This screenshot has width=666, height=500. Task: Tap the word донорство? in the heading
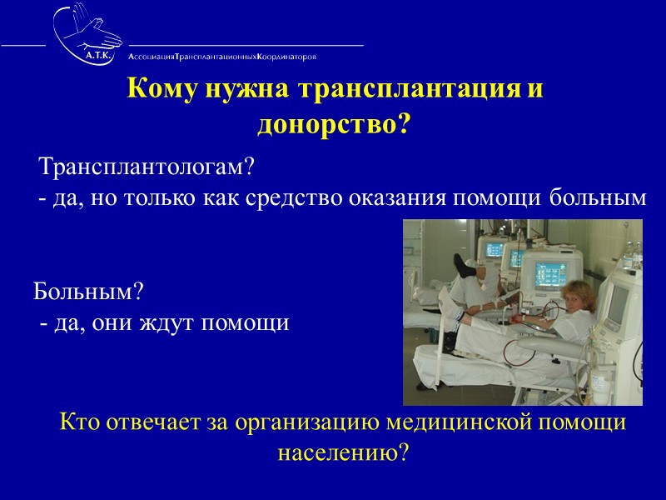coord(334,124)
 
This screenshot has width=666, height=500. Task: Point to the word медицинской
coord(464,422)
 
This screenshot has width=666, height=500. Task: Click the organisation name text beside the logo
coord(221,57)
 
